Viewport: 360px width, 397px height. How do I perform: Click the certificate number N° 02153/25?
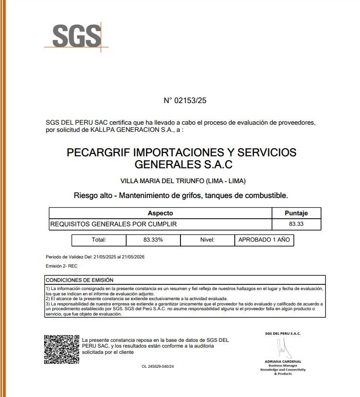pyautogui.click(x=185, y=101)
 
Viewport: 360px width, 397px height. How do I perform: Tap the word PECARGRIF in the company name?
pyautogui.click(x=98, y=153)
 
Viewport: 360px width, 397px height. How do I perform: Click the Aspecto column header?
pyautogui.click(x=160, y=213)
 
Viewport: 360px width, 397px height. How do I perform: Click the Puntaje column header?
pyautogui.click(x=296, y=213)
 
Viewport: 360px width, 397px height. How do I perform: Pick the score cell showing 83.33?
pyautogui.click(x=296, y=224)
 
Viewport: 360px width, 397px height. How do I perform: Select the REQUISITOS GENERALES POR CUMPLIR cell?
pyautogui.click(x=114, y=224)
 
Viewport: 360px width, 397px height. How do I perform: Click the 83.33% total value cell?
pyautogui.click(x=153, y=240)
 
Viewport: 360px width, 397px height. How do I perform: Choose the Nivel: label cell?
pyautogui.click(x=207, y=240)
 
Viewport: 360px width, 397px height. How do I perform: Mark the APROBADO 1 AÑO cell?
pyautogui.click(x=264, y=240)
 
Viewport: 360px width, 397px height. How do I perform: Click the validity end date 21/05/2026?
pyautogui.click(x=133, y=257)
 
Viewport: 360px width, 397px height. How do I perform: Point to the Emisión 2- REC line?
pyautogui.click(x=61, y=266)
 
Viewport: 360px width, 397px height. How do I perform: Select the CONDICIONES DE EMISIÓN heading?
pyautogui.click(x=80, y=280)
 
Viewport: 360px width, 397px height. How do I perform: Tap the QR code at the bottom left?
pyautogui.click(x=61, y=350)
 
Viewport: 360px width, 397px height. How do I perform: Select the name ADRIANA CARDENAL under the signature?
pyautogui.click(x=283, y=361)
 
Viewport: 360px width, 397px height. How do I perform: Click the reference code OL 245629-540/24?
pyautogui.click(x=157, y=366)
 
